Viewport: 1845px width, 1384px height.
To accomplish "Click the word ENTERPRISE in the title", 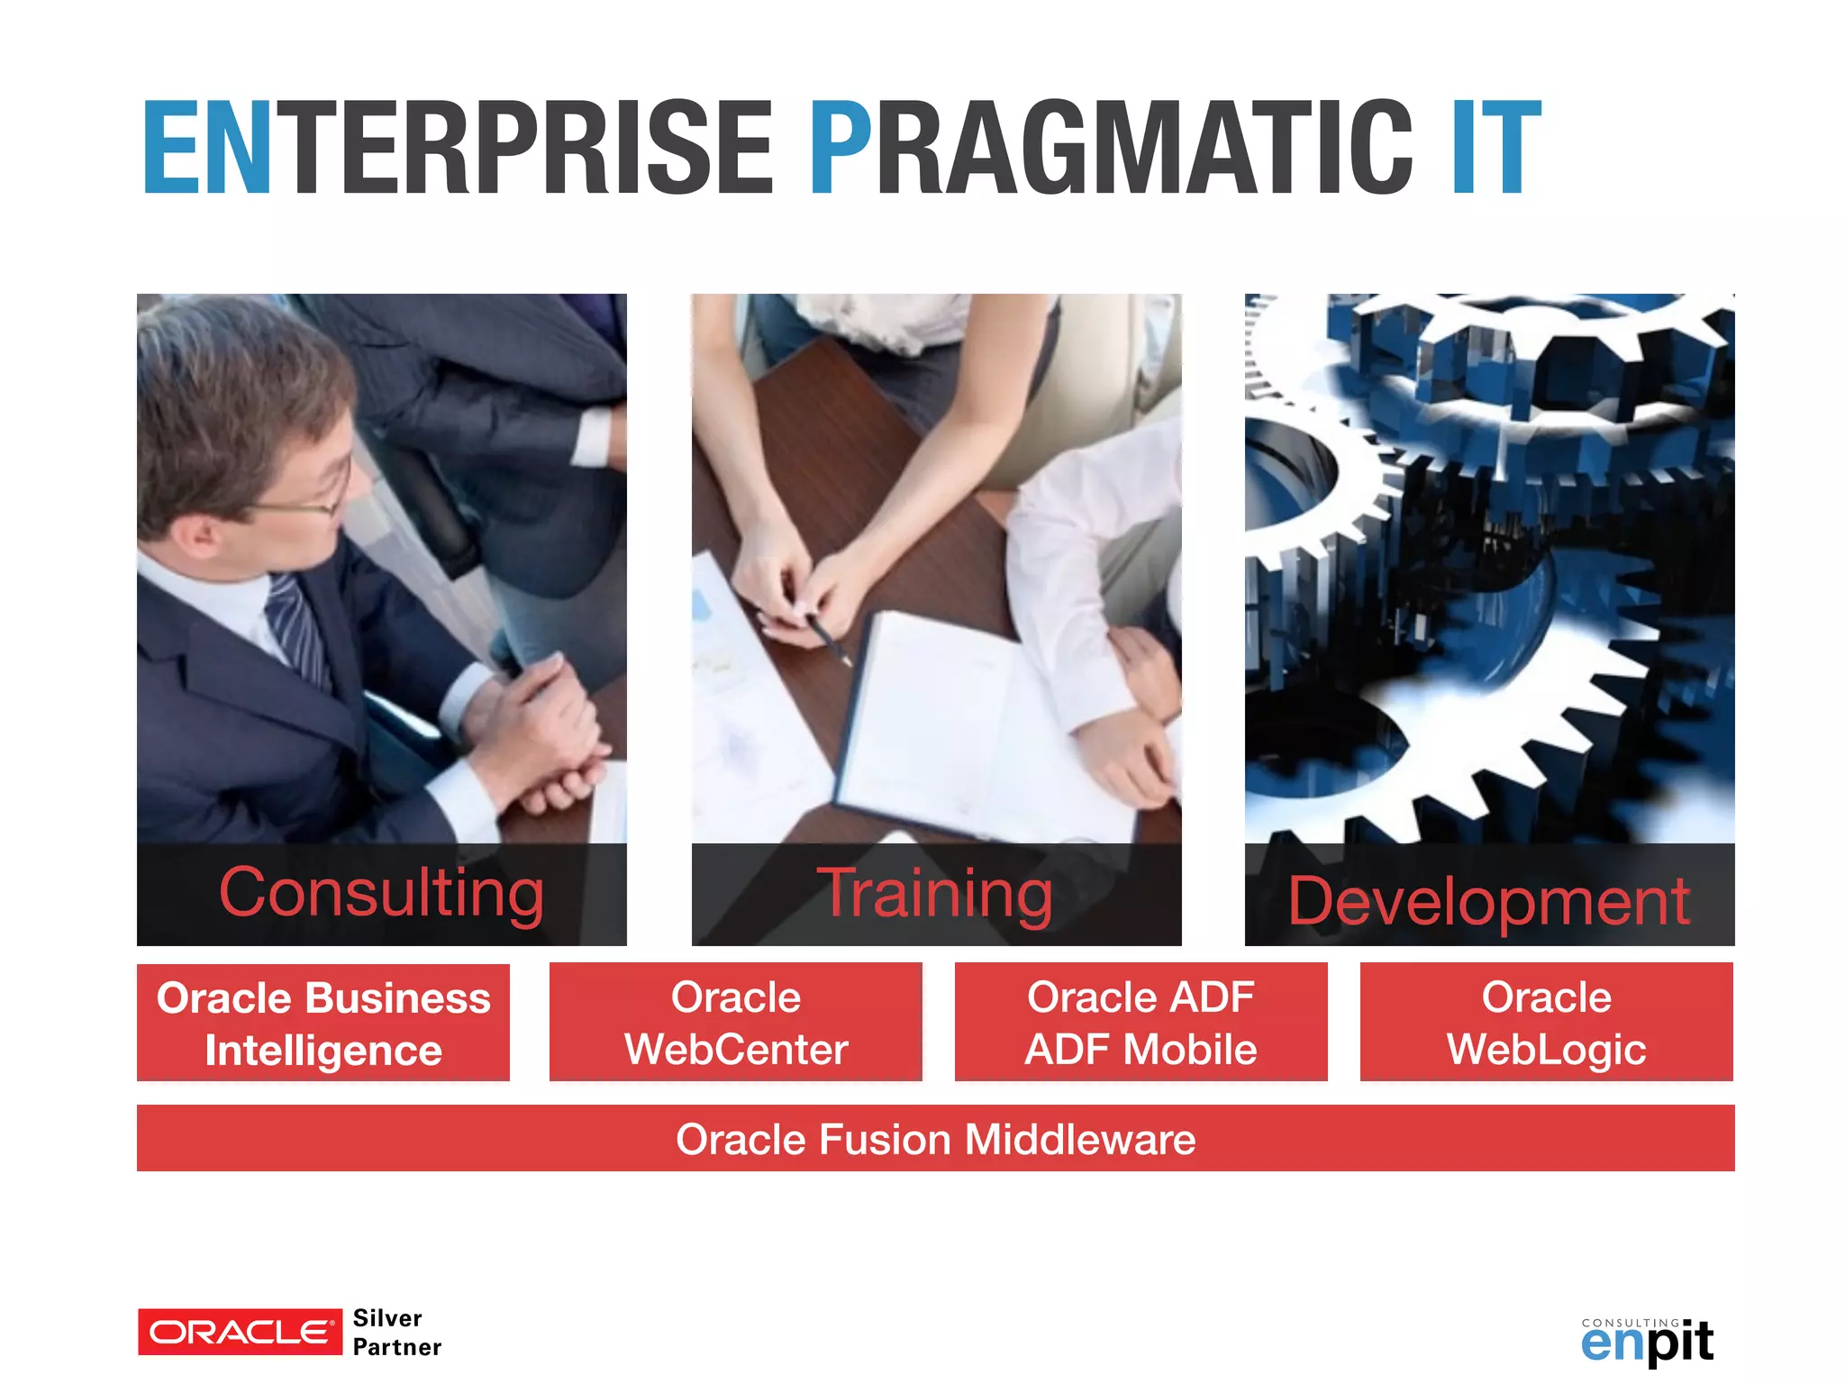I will pos(458,149).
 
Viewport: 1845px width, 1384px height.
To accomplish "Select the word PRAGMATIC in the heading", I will pos(1111,149).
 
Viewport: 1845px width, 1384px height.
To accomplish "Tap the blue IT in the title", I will pos(1495,149).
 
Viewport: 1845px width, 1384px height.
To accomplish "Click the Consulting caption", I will pos(381,893).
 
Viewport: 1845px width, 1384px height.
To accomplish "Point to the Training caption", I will pos(935,893).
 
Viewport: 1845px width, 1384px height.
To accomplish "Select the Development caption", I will pos(1488,900).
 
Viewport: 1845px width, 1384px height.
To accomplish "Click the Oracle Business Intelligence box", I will pos(323,1023).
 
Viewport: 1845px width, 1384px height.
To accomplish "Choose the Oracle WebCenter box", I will pos(736,1023).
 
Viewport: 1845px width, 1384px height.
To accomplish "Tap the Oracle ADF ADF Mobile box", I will pos(1141,1023).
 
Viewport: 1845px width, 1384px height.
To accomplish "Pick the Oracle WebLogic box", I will pos(1546,1023).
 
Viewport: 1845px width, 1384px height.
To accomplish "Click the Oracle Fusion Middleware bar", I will pos(935,1139).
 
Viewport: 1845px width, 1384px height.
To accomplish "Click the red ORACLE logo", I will pos(240,1332).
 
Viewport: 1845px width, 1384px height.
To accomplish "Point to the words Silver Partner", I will pos(396,1333).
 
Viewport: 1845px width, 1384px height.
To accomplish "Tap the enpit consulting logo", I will pos(1647,1342).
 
